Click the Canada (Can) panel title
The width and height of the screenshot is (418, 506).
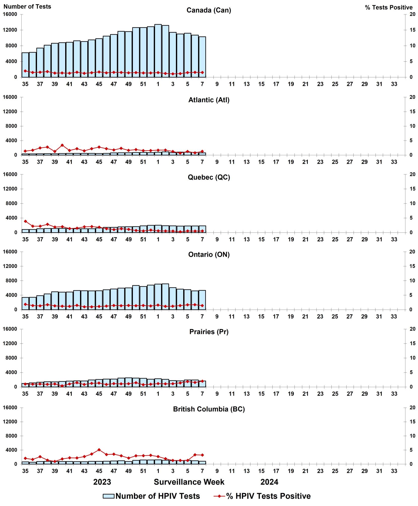point(209,10)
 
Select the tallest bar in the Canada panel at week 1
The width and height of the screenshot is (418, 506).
point(158,50)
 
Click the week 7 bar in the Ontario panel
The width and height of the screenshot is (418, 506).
point(202,300)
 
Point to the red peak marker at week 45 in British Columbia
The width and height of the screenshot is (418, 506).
point(99,450)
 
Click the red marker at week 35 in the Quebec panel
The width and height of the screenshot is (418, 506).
point(25,221)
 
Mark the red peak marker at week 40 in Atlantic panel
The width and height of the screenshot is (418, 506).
point(62,145)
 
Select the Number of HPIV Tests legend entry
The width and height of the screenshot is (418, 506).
point(151,496)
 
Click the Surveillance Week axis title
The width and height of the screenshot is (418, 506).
point(189,482)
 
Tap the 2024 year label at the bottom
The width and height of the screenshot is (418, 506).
point(269,482)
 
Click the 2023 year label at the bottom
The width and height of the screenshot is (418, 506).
point(102,482)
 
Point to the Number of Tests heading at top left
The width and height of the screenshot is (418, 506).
point(27,7)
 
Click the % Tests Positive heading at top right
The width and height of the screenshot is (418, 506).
point(389,8)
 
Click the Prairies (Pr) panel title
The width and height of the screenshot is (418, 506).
point(209,332)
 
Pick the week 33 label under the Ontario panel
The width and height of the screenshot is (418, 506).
point(394,317)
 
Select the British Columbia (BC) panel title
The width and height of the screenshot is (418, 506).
point(209,409)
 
